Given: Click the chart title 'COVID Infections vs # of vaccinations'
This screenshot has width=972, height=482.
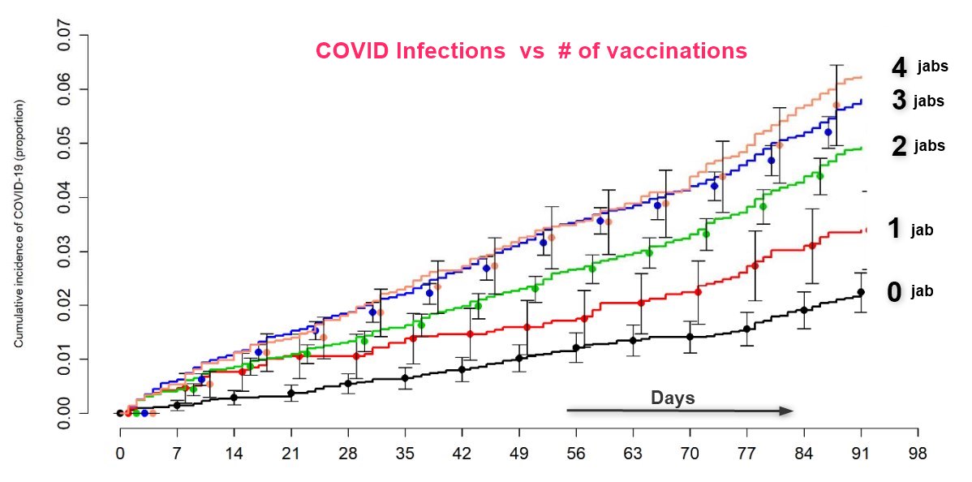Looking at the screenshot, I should (531, 51).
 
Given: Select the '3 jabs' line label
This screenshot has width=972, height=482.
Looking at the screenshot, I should (917, 101).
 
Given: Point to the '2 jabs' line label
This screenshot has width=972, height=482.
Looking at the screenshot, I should (918, 146).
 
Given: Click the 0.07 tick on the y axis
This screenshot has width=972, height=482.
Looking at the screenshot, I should (67, 35).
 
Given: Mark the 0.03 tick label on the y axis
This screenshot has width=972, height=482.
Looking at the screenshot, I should (67, 251).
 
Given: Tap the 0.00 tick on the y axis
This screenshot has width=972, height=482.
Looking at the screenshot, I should (67, 413).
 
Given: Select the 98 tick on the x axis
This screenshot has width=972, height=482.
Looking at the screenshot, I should (918, 452).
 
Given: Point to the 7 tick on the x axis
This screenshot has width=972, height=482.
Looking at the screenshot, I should (177, 452).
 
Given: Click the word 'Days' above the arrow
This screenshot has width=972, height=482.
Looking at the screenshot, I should (673, 398).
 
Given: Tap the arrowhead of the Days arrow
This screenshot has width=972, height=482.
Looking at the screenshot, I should (786, 411).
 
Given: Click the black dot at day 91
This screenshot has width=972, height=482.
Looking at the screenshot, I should (861, 292).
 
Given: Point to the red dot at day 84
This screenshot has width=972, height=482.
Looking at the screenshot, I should (812, 245).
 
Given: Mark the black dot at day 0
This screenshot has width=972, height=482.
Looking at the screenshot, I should (120, 413).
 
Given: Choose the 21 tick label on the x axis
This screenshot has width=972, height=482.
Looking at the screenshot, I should (291, 452).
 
